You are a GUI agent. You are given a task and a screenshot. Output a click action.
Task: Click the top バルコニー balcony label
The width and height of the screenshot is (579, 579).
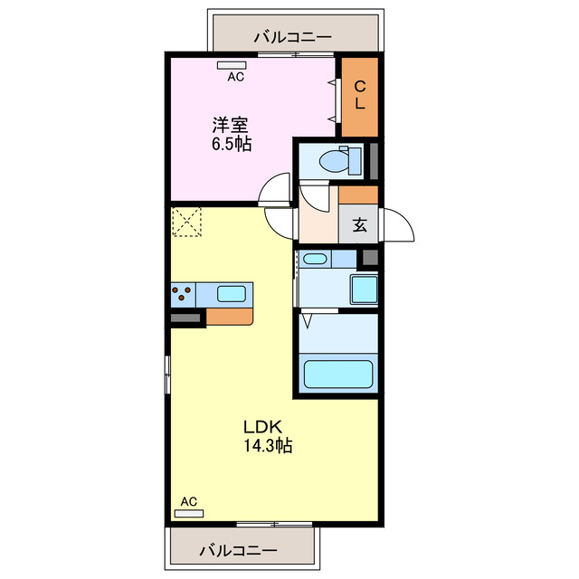tap(291, 37)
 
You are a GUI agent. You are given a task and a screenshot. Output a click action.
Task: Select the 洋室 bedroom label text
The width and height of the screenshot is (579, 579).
tap(231, 126)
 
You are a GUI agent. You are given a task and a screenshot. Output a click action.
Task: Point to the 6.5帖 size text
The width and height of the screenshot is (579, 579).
tap(232, 144)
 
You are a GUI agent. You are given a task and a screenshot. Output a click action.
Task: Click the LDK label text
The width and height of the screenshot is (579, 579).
tap(263, 426)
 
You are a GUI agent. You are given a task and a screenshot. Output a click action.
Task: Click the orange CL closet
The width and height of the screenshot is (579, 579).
tap(359, 95)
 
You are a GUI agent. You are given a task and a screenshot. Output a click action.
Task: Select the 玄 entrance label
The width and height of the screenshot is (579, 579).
tap(359, 225)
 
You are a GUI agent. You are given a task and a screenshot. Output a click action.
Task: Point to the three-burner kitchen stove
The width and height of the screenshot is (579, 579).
tap(182, 294)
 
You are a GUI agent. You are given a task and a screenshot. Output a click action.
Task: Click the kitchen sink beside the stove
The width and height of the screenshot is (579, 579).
tap(231, 294)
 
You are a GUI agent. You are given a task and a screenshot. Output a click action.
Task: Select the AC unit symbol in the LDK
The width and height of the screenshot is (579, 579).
tap(188, 512)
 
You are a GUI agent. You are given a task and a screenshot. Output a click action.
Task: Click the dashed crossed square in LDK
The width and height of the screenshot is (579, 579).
tap(186, 223)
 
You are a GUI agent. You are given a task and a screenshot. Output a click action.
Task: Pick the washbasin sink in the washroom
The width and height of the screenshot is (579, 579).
tap(316, 260)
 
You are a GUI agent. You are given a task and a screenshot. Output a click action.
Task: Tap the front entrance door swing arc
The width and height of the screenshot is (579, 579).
tap(399, 225)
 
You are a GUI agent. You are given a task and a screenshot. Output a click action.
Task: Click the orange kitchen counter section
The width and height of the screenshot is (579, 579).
tap(233, 317)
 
